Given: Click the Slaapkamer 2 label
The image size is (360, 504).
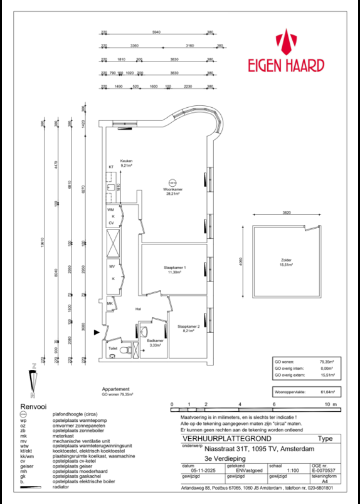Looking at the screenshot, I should coord(188,327).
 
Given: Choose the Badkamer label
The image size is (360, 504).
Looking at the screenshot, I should coord(155,340).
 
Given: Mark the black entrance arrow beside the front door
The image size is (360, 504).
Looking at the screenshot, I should coord(96,332).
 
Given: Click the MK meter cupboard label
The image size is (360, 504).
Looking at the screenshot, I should coord(110,304).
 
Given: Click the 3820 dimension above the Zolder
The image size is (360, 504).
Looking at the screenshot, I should coord(286,213).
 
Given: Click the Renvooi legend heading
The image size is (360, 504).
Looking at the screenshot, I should coord(33,406).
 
